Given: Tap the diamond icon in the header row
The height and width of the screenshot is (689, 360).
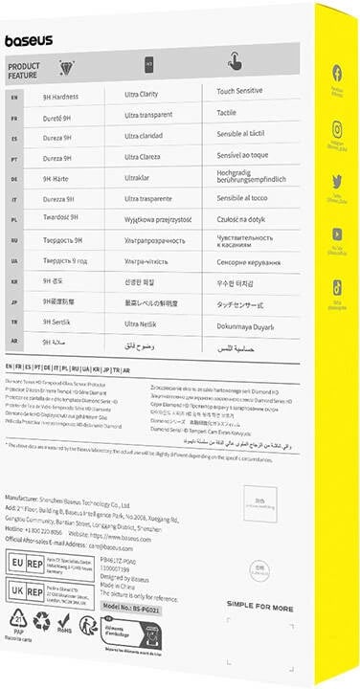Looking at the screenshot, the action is [67, 66].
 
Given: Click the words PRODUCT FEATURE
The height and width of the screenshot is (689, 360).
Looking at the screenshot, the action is [25, 70].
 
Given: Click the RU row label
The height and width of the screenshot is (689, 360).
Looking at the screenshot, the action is [13, 240].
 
